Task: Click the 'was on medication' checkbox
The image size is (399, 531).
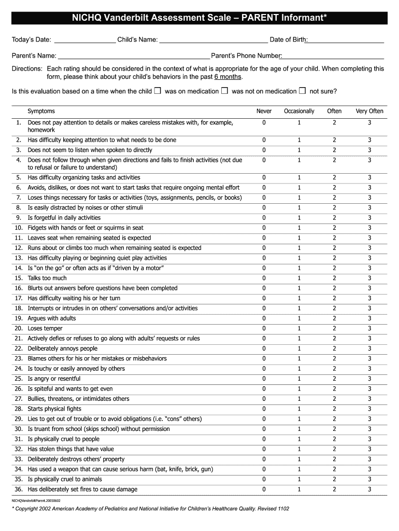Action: coord(158,91)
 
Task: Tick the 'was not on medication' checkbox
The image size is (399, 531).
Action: coord(224,91)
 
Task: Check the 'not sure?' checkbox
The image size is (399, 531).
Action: coord(302,91)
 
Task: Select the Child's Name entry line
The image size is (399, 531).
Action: coord(213,41)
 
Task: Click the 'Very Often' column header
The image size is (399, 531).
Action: coord(369,111)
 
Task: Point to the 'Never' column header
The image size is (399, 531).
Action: coord(264,111)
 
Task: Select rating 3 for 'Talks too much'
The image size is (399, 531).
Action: coord(369,278)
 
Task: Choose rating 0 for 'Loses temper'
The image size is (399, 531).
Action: coord(264,328)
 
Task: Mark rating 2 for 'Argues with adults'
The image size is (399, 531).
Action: coord(334,318)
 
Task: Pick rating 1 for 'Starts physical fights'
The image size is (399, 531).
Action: coord(299,409)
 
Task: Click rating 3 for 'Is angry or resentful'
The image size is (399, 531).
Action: coord(369,379)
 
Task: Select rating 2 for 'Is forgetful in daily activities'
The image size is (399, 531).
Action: coord(334,218)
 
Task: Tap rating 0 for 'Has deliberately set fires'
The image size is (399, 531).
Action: coord(264,489)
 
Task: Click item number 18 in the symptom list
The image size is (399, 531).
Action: coord(19,308)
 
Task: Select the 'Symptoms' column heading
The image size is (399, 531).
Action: coord(41,111)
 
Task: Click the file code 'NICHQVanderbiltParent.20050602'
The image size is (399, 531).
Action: coord(36,501)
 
